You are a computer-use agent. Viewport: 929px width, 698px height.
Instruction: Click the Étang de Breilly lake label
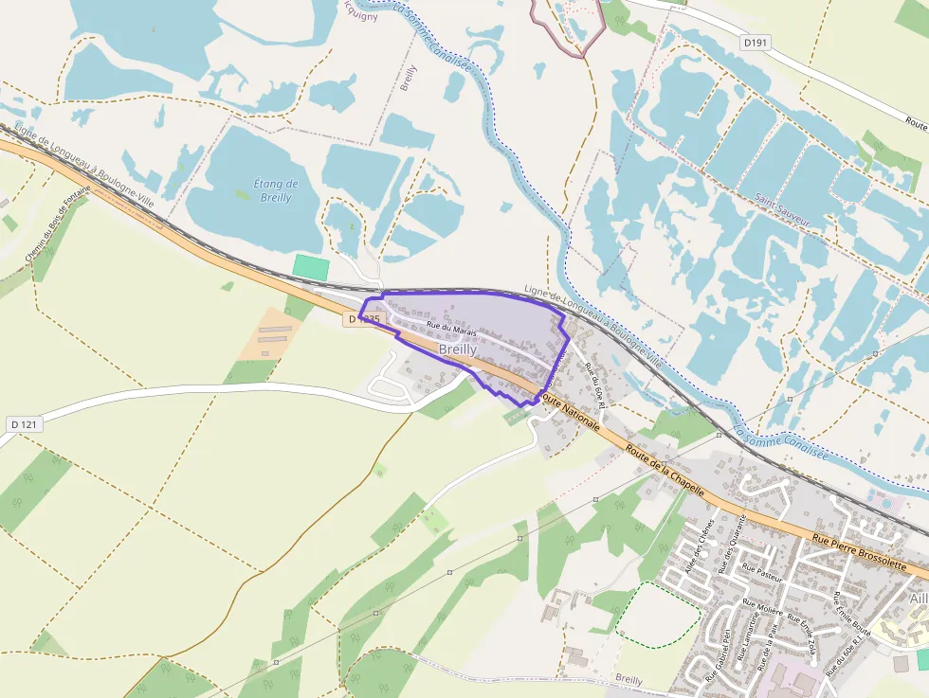tap(276, 190)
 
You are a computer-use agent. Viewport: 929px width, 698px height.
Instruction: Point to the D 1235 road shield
tap(363, 320)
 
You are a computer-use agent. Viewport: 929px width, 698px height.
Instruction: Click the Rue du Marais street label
tap(451, 330)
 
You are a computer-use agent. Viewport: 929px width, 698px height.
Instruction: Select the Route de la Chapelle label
tap(665, 468)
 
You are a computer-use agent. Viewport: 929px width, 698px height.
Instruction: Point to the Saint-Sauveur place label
tap(783, 211)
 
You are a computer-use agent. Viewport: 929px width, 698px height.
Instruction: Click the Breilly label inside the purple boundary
tap(458, 349)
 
